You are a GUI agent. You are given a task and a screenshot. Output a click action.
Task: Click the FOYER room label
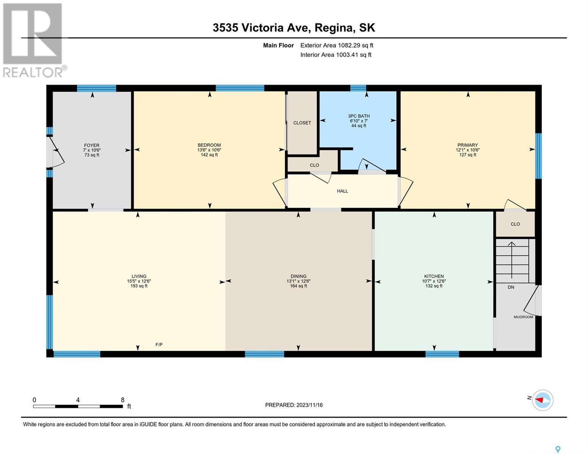pos(92,145)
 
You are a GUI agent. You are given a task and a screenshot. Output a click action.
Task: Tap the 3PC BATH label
pos(359,116)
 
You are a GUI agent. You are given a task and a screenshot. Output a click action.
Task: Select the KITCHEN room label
pos(434,276)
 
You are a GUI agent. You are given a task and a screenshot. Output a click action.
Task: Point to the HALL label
pos(342,191)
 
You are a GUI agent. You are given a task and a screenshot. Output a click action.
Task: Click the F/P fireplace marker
pos(159,345)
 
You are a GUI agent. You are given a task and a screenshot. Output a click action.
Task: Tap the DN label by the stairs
pos(511,287)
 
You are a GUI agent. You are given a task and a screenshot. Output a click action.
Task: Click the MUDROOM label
pos(523,317)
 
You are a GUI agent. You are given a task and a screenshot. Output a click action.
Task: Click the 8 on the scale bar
pos(123,400)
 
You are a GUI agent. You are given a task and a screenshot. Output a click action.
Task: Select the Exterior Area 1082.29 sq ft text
pos(337,45)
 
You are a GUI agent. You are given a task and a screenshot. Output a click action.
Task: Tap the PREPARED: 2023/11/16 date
pos(294,405)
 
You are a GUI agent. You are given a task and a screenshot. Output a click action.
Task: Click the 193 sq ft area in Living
pos(139,286)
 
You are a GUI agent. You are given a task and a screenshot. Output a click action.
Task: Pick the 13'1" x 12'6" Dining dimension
pos(298,281)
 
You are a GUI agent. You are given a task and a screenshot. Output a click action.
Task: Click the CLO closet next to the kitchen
pos(515,224)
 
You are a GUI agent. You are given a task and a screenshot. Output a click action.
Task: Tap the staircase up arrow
pos(512,260)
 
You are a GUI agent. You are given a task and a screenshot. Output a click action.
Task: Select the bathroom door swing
pos(372,165)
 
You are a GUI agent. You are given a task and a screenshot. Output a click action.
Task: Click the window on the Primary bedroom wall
pos(538,156)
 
